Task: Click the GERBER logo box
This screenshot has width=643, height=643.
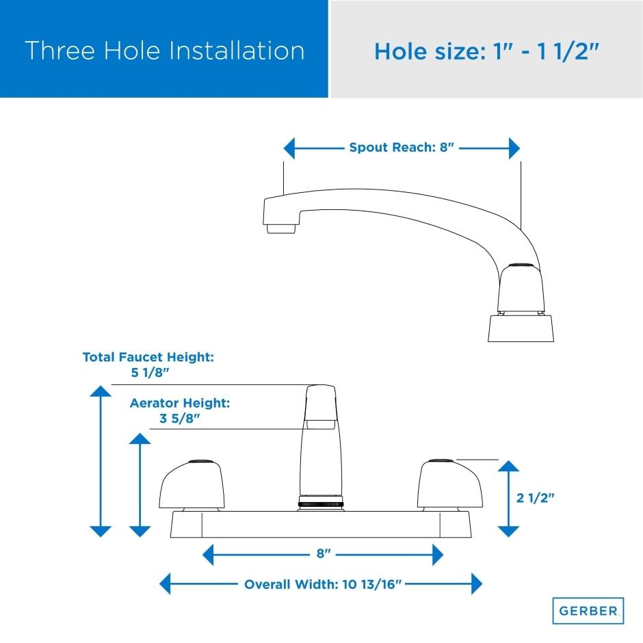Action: (x=588, y=611)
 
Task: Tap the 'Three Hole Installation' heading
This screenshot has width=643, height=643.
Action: (x=164, y=51)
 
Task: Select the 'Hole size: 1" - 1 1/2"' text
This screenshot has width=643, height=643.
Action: (x=487, y=52)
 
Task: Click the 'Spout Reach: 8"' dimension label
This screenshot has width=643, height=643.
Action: (x=402, y=147)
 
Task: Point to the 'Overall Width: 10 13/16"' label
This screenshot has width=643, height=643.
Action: (x=323, y=584)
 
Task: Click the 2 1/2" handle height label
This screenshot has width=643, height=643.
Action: (x=535, y=498)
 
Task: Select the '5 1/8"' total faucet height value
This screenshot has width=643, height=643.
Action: (x=150, y=372)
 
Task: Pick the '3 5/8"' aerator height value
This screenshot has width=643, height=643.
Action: (x=180, y=418)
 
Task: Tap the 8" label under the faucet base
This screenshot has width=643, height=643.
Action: (x=324, y=553)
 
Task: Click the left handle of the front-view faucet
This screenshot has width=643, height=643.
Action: (x=192, y=486)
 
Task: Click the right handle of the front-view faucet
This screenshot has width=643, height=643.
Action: (x=450, y=486)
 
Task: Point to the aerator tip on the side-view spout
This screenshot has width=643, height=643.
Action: (x=281, y=228)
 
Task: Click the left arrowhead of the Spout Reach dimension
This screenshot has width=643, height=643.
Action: (x=289, y=148)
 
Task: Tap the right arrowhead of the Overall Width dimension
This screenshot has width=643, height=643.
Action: (x=477, y=583)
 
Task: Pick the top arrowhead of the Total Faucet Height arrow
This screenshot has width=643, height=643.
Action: (x=101, y=391)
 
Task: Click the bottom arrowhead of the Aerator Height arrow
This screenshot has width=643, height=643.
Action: (x=140, y=532)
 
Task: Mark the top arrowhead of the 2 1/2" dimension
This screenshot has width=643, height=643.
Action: (x=508, y=466)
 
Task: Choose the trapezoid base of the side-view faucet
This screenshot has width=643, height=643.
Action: (x=521, y=328)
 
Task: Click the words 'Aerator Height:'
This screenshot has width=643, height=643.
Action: (x=180, y=403)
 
